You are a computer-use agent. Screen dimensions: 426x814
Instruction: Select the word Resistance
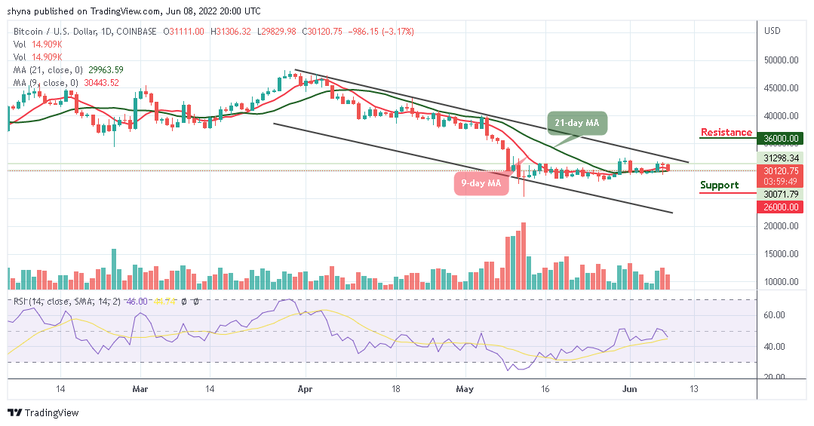coord(726,133)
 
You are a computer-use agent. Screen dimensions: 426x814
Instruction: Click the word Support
coord(719,185)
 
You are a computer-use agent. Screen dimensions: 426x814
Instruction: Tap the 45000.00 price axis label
coord(782,88)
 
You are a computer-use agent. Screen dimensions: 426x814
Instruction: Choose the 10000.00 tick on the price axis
coord(782,282)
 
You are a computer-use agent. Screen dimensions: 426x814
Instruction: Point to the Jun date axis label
coord(627,389)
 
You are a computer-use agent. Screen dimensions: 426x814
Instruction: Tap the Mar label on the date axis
coord(139,389)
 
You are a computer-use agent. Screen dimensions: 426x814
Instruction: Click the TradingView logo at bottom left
coord(43,413)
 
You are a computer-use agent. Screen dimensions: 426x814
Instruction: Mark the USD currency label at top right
coord(772,31)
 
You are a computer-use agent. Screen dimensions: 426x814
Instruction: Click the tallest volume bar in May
coord(522,256)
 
